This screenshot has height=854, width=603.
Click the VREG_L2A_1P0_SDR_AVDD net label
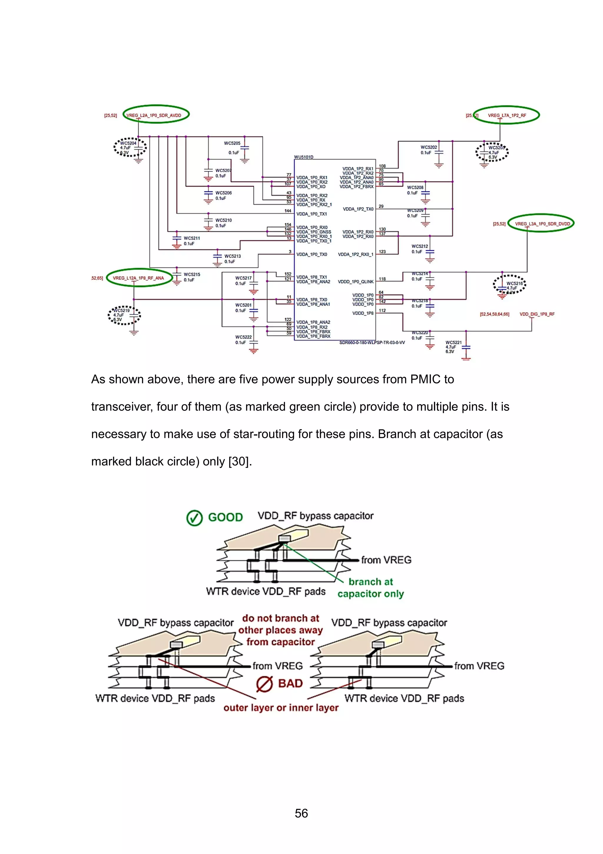(154, 115)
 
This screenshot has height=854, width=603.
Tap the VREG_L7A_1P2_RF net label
(507, 115)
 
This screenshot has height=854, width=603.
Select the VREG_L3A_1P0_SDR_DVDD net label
(542, 224)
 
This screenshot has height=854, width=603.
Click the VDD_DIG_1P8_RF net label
(537, 314)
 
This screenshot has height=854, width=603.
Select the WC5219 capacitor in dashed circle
(124, 315)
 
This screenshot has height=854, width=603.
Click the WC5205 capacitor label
(232, 143)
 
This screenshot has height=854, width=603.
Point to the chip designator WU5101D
(304, 157)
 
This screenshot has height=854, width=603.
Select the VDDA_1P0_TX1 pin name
(311, 214)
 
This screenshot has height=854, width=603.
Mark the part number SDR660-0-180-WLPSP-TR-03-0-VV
(372, 342)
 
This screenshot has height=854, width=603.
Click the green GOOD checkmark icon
(194, 517)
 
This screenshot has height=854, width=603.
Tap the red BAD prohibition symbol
(264, 684)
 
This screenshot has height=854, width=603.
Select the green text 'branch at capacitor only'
(370, 588)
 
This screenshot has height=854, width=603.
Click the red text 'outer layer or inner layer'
(281, 708)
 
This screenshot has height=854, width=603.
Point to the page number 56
(301, 813)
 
